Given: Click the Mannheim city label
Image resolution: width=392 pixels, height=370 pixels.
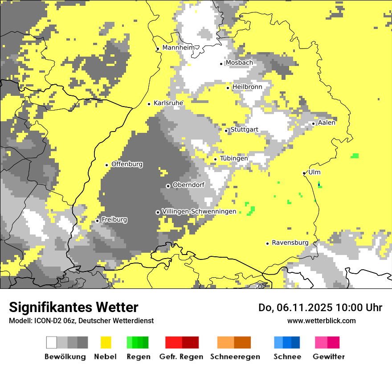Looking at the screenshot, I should [x=178, y=48].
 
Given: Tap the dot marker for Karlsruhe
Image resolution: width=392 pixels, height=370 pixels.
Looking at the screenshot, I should [x=149, y=104].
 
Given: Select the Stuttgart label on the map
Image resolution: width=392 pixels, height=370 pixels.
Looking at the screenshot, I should [x=244, y=130].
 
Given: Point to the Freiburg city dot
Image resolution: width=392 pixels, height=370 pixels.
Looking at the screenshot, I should [x=98, y=221].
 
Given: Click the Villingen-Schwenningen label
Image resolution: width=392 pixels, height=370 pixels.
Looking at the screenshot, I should [x=199, y=211].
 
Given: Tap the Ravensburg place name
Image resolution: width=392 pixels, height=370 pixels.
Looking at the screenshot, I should [x=290, y=243].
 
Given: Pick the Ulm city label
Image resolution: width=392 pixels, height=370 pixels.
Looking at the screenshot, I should [x=314, y=172].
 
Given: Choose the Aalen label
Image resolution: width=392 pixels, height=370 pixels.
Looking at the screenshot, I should [x=327, y=123].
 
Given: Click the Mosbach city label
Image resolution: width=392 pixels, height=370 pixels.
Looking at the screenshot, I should [x=239, y=63].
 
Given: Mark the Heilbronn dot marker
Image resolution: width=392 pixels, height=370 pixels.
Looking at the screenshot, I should [x=228, y=88].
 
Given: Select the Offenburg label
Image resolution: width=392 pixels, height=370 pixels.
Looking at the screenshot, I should [x=127, y=164].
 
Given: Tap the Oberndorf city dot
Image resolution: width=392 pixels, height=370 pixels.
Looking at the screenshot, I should [x=168, y=186].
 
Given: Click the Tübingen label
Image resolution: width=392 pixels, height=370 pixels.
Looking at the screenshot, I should [x=234, y=158].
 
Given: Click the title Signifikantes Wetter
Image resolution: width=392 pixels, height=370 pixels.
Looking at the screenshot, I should [x=73, y=307].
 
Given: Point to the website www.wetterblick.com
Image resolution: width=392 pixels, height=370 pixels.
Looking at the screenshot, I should [x=321, y=321].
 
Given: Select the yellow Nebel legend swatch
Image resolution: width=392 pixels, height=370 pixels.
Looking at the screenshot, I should [x=106, y=342].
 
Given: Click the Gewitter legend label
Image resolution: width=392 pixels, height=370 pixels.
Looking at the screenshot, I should [x=328, y=357].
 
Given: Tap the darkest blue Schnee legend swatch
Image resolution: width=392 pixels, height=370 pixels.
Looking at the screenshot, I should [x=296, y=342].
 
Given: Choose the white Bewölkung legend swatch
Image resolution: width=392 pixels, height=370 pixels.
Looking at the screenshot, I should [x=52, y=342].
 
